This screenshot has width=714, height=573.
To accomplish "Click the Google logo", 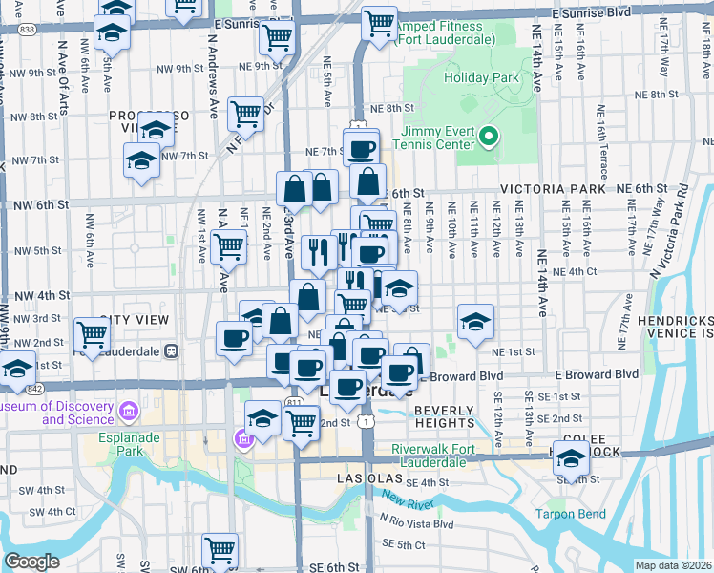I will (x=31, y=562).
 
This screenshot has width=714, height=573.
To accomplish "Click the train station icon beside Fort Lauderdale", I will (x=172, y=350).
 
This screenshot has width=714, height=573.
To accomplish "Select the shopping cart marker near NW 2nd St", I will (x=92, y=335).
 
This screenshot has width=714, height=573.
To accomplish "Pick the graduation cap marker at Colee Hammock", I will (x=569, y=461).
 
